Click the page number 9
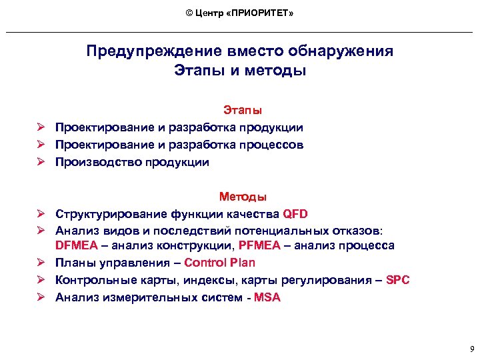click(x=471, y=349)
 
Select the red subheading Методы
click(x=243, y=197)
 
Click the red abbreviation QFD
click(x=295, y=214)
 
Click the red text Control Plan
click(x=219, y=263)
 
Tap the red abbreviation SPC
click(x=397, y=280)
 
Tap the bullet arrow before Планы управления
click(x=41, y=263)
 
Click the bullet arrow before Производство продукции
click(x=41, y=162)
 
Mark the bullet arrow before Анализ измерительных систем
click(x=41, y=297)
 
